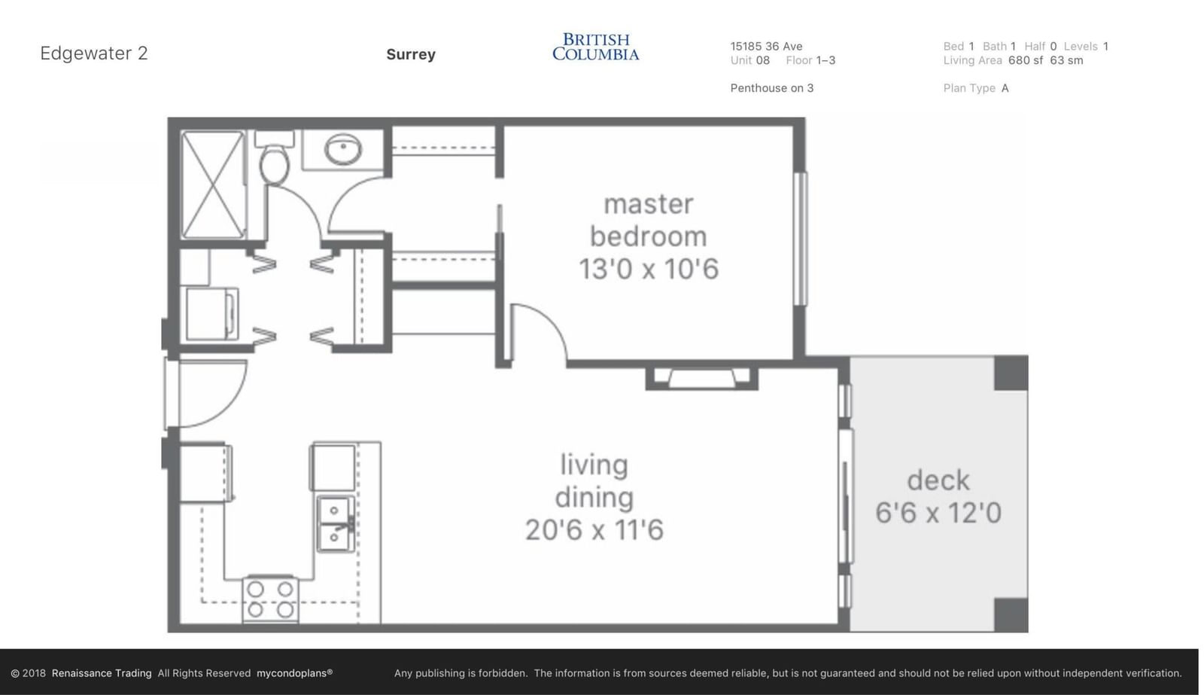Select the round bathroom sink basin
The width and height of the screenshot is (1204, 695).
pos(342,148)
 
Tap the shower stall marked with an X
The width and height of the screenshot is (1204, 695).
pos(212,184)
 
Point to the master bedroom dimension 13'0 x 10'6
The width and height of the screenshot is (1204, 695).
pos(648,269)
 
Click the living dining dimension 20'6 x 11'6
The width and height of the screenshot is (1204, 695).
pos(594,530)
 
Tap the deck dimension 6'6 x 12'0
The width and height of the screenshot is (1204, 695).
pos(938,513)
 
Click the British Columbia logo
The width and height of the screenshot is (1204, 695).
pos(595,47)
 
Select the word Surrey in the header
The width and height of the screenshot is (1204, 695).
pos(411,54)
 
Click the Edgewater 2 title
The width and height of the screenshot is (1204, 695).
pos(94,53)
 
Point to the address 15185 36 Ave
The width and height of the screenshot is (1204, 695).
pos(766,46)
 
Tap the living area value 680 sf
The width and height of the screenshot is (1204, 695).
pos(1026,60)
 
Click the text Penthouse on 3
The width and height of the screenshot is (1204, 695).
pos(772,88)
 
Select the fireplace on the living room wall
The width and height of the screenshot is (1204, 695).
pos(702,378)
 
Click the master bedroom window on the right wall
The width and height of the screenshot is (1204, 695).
pos(801,239)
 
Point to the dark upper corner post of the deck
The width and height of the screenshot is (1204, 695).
pos(1011,373)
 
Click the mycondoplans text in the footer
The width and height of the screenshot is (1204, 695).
pos(294,673)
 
